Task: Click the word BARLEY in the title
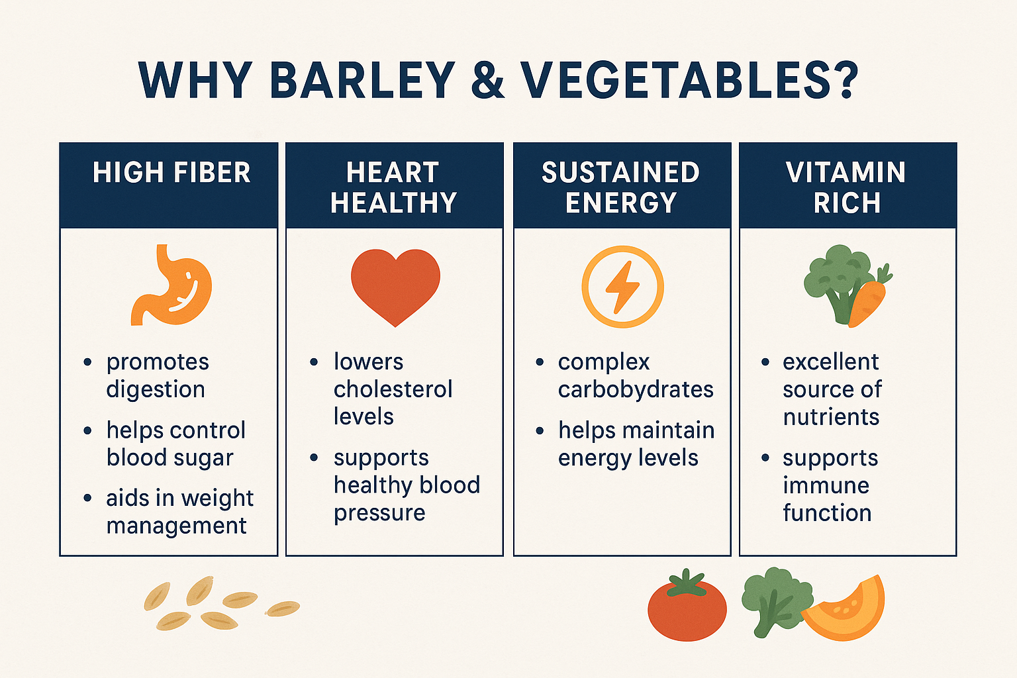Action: (x=362, y=80)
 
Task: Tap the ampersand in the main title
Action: (x=487, y=80)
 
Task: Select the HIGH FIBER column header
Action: (x=171, y=173)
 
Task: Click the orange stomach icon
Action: (x=171, y=285)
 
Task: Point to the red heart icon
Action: (x=395, y=287)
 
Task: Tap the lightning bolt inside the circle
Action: (x=623, y=287)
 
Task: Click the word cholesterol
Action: (x=393, y=389)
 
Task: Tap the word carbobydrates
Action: (x=636, y=389)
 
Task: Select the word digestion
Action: (x=156, y=390)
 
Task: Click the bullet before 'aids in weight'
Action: (x=87, y=498)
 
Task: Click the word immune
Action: (x=826, y=485)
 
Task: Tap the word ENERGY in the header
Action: (x=622, y=203)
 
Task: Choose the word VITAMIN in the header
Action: (x=846, y=173)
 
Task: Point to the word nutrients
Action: (x=832, y=417)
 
